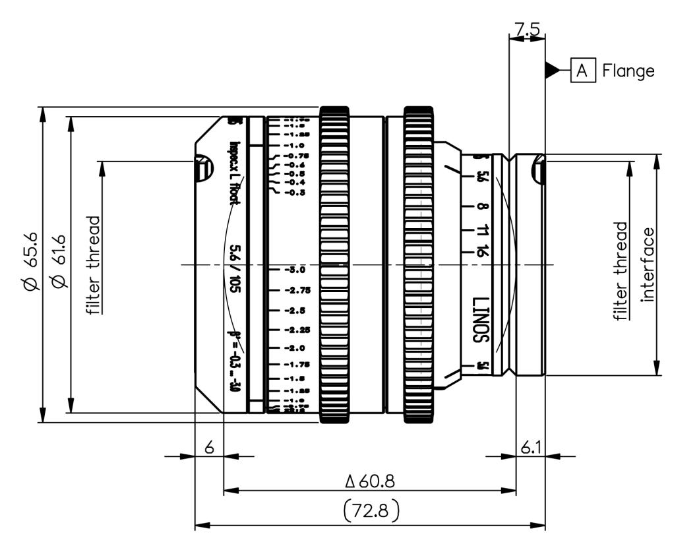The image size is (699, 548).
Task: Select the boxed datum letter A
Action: (x=582, y=70)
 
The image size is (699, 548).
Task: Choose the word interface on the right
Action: (x=649, y=264)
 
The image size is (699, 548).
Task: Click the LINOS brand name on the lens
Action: (x=479, y=317)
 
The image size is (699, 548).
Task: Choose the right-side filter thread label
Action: (x=621, y=270)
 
